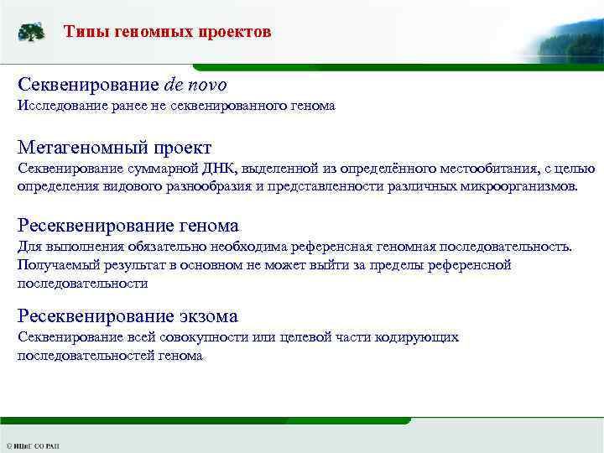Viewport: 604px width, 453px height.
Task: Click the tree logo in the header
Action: click(32, 33)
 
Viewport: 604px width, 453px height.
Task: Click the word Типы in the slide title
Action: click(84, 33)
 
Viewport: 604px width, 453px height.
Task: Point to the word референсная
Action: click(329, 247)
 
